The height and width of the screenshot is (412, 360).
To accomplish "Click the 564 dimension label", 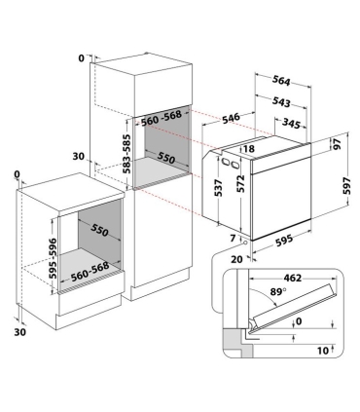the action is tap(281, 81).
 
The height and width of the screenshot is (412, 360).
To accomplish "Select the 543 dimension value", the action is tap(281, 102).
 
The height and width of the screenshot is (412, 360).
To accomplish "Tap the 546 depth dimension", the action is tap(231, 118).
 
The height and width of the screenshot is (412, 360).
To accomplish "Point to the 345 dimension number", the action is tap(291, 123).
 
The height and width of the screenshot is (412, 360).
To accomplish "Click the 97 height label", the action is tap(337, 143).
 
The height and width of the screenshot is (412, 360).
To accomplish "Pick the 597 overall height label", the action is tap(347, 185).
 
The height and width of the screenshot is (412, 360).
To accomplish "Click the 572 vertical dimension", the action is tap(240, 184).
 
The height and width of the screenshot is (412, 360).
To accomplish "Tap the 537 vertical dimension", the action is tap(218, 188).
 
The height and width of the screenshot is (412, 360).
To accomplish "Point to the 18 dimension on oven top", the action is tap(248, 149).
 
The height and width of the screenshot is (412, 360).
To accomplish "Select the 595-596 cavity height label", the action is tap(53, 259).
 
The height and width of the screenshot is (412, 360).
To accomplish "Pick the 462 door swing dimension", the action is tap(293, 278).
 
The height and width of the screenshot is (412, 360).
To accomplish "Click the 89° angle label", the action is tap(278, 292).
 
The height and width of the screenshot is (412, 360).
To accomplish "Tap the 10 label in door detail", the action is tap(323, 351).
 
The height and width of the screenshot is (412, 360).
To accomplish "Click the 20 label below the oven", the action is tap(237, 259).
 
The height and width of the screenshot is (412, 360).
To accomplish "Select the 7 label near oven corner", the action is tap(233, 239).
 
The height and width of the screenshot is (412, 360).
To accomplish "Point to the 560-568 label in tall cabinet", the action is tap(161, 118).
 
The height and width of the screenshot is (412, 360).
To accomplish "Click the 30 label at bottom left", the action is tap(19, 332).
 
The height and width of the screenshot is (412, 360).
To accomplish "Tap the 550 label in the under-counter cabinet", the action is tap(99, 230).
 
